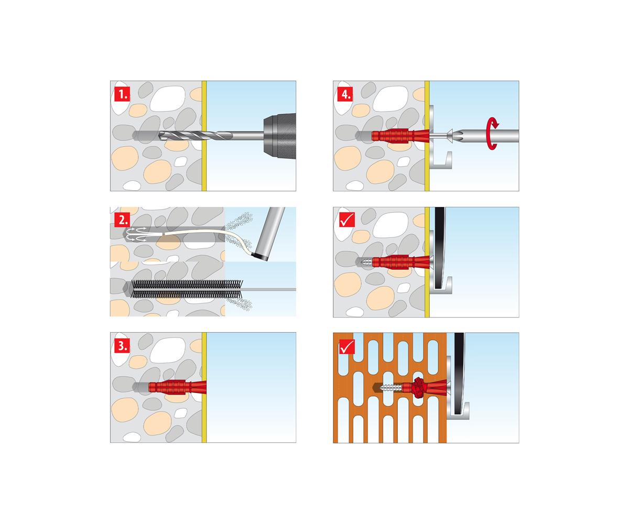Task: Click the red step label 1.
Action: [122, 94]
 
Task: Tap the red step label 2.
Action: [122, 220]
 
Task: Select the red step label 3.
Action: [122, 345]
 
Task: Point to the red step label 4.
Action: [345, 94]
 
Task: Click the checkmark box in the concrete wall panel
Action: [347, 220]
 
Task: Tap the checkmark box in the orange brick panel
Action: [347, 346]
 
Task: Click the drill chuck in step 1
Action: [279, 136]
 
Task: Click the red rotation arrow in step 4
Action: [492, 134]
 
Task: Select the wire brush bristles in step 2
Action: [187, 289]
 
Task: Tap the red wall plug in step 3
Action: [178, 387]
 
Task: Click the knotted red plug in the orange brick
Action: [418, 388]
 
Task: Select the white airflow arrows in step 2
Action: [137, 235]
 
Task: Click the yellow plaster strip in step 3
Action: [204, 387]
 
